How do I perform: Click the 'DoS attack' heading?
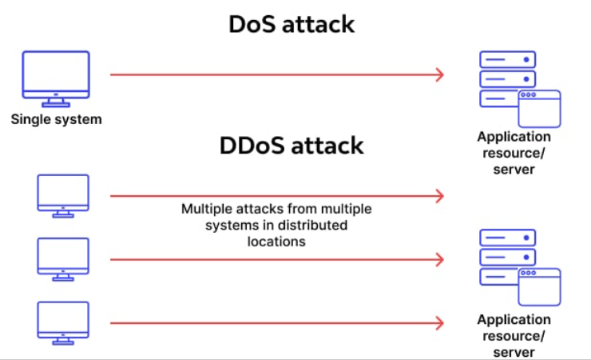(292, 24)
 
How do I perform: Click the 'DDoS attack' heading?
(291, 146)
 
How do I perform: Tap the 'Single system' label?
(57, 120)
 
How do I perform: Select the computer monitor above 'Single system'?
(57, 76)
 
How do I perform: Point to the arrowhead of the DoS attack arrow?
(438, 74)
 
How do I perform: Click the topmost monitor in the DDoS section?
(63, 193)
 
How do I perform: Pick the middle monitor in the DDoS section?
(63, 257)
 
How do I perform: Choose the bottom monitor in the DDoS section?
(63, 320)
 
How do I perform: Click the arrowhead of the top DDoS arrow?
(438, 196)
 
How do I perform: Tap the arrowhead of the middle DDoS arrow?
(438, 259)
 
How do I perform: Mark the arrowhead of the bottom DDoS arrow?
(438, 323)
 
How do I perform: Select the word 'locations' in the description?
(276, 241)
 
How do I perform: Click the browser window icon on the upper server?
(539, 109)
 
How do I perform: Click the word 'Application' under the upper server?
(514, 137)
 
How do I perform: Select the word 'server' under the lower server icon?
(514, 351)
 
